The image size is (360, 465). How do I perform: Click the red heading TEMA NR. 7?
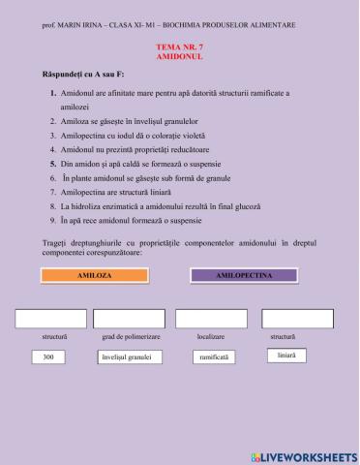[179, 46]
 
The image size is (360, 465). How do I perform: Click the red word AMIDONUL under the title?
[179, 56]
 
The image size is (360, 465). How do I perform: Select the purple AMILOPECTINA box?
[243, 275]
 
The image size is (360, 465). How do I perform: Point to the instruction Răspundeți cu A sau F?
[88, 76]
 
